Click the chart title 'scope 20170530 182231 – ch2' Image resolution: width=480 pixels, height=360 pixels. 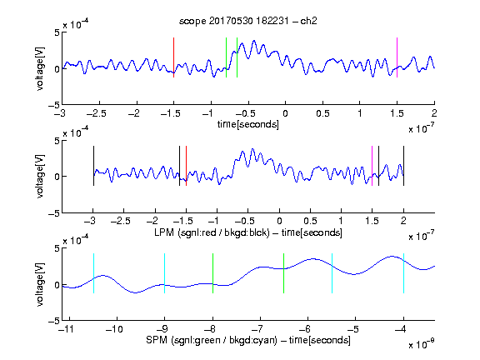248,21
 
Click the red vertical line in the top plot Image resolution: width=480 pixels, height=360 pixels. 173,57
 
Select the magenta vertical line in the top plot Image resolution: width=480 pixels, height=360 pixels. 397,57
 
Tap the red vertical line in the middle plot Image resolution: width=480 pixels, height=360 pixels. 186,166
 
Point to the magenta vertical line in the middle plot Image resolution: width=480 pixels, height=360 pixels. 372,166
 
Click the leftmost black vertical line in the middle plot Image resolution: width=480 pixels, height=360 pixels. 93,166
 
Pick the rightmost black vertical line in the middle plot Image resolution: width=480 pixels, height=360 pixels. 403,166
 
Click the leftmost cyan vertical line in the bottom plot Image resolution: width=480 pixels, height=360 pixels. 93,273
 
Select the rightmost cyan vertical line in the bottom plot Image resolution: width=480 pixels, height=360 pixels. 403,273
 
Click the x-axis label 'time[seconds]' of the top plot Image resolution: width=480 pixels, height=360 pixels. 248,124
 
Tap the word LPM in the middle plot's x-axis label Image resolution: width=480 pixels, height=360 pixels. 164,232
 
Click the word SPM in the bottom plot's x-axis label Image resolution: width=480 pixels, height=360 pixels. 156,340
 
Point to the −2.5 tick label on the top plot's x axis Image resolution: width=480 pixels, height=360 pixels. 97,113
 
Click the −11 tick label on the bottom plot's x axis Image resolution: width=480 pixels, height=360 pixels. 67,329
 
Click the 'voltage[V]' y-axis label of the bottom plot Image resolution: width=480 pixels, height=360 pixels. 40,284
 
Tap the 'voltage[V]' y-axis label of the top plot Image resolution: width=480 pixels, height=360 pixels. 40,68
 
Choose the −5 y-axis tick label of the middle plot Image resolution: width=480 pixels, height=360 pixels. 54,213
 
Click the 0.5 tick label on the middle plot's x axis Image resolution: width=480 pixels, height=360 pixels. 310,222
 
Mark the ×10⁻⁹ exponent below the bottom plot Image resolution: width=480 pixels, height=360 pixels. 422,344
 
